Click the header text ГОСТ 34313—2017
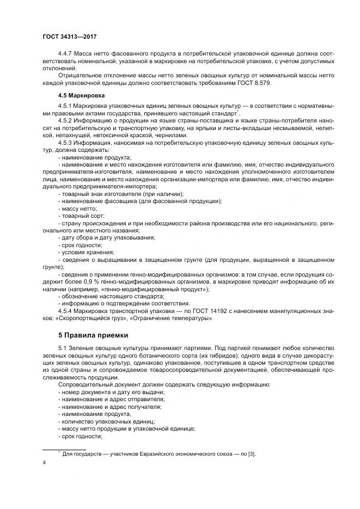click(69, 37)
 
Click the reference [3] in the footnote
click(253, 454)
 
